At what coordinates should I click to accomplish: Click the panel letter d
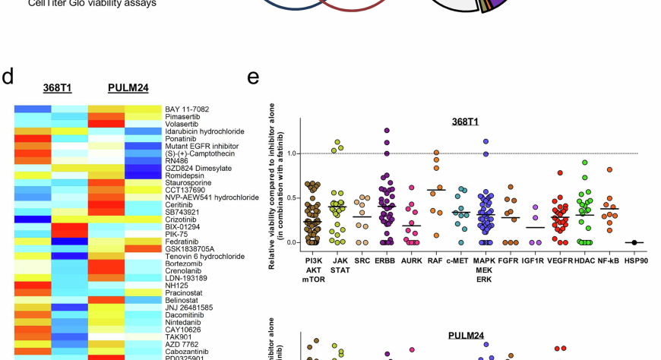[x=8, y=77]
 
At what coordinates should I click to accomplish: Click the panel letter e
[x=253, y=77]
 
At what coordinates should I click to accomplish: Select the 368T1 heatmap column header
[x=57, y=88]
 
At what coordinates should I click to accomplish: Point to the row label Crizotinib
[x=183, y=219]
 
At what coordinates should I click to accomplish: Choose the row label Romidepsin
[x=185, y=175]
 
